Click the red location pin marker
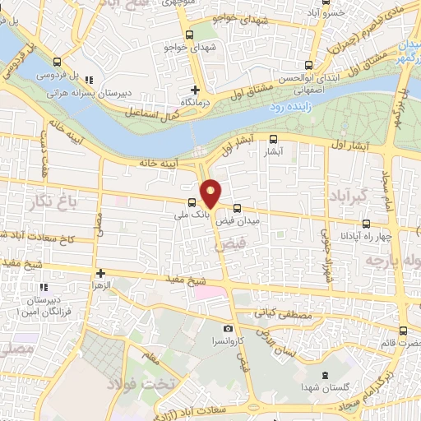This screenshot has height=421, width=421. pyautogui.click(x=211, y=192)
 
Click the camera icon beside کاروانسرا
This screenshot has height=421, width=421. pyautogui.click(x=229, y=329)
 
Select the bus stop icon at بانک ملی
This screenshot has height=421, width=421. pyautogui.click(x=192, y=202)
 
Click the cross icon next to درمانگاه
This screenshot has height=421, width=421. pyautogui.click(x=196, y=89)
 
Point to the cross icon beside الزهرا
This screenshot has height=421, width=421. pyautogui.click(x=100, y=273)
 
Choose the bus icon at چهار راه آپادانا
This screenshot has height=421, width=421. pyautogui.click(x=367, y=223)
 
